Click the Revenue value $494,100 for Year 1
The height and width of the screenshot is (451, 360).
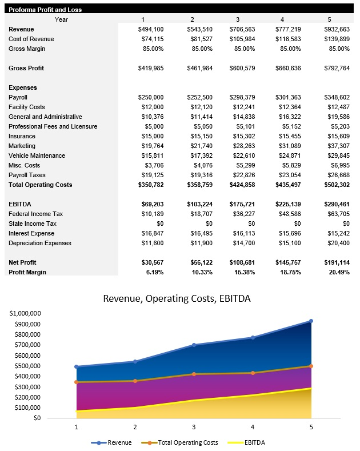[151, 29]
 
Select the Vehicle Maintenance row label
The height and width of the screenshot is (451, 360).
[37, 155]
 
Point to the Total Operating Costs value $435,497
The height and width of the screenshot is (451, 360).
[291, 185]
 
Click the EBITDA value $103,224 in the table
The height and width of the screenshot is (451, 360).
[199, 204]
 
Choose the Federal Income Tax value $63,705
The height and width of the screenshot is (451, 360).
[337, 214]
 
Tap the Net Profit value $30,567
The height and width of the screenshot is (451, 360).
[152, 262]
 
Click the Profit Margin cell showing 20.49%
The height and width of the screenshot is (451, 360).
[337, 272]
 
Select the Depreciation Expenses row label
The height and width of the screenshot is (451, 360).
[40, 243]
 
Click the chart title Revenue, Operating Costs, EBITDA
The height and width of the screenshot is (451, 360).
[176, 298]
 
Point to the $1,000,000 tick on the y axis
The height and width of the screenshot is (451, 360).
[25, 313]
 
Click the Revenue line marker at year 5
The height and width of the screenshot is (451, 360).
[311, 321]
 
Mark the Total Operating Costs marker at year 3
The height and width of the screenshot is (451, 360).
[194, 374]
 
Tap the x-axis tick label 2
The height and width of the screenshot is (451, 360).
[135, 426]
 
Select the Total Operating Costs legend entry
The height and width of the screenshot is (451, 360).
[182, 442]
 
